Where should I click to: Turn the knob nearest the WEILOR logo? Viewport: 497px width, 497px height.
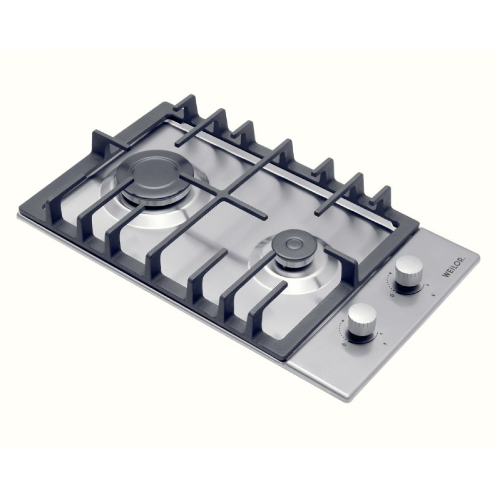point(409,272)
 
